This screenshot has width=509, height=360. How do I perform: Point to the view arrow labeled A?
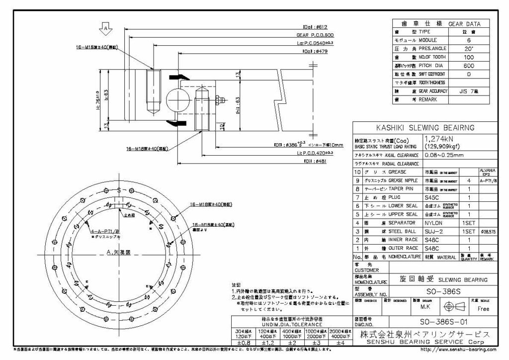(x=105, y=27)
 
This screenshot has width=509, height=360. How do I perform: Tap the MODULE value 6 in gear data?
(x=468, y=40)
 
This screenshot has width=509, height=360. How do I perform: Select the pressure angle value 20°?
(x=468, y=48)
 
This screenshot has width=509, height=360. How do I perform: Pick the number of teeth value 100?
(x=468, y=57)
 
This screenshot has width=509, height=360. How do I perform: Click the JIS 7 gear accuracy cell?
(x=468, y=91)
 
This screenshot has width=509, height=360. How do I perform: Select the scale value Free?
(x=483, y=309)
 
